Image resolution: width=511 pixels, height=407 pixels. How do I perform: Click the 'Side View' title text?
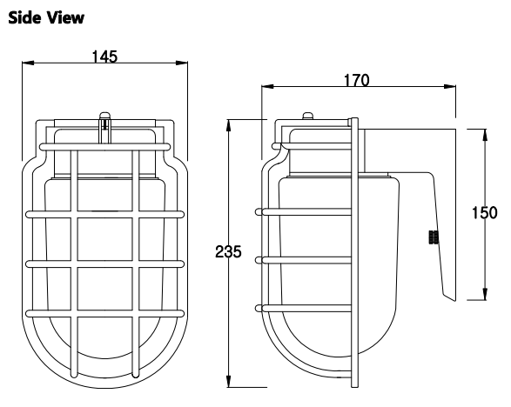(46, 17)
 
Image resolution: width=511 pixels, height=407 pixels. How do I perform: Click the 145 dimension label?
(104, 57)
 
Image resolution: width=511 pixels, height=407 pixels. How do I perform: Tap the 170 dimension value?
(357, 80)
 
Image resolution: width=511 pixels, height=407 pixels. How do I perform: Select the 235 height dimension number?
(228, 251)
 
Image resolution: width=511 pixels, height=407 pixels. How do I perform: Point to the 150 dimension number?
(485, 213)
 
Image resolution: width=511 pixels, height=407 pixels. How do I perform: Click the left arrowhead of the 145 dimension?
(28, 63)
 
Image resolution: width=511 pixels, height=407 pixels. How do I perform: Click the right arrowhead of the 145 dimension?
(182, 63)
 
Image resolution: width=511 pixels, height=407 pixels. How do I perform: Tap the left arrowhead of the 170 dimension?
(267, 87)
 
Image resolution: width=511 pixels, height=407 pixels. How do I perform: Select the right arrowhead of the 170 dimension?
(450, 87)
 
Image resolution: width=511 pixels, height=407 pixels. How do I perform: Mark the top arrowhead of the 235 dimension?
(229, 126)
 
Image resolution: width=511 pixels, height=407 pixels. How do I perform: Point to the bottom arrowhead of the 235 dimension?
(229, 381)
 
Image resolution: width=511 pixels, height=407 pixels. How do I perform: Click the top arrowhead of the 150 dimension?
(485, 135)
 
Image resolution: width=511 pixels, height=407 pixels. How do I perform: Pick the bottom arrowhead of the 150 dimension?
(485, 294)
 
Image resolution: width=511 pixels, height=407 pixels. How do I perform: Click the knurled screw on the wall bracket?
(434, 237)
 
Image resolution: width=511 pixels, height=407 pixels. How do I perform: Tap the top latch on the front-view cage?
(105, 128)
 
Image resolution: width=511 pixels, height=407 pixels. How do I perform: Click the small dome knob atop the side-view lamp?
(308, 116)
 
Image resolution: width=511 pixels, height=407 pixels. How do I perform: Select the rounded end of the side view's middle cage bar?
(259, 260)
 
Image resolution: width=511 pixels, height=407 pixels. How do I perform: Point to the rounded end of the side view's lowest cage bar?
(259, 309)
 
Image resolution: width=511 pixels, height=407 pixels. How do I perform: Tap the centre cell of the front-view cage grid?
(105, 239)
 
